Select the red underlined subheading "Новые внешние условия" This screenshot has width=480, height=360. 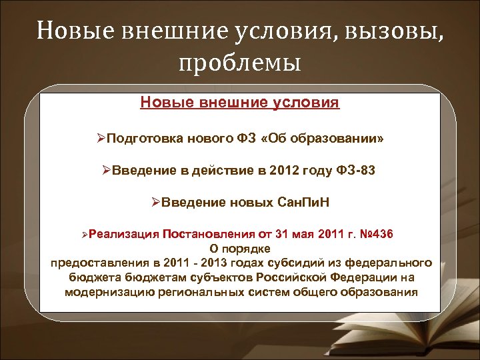[x=240, y=103]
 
